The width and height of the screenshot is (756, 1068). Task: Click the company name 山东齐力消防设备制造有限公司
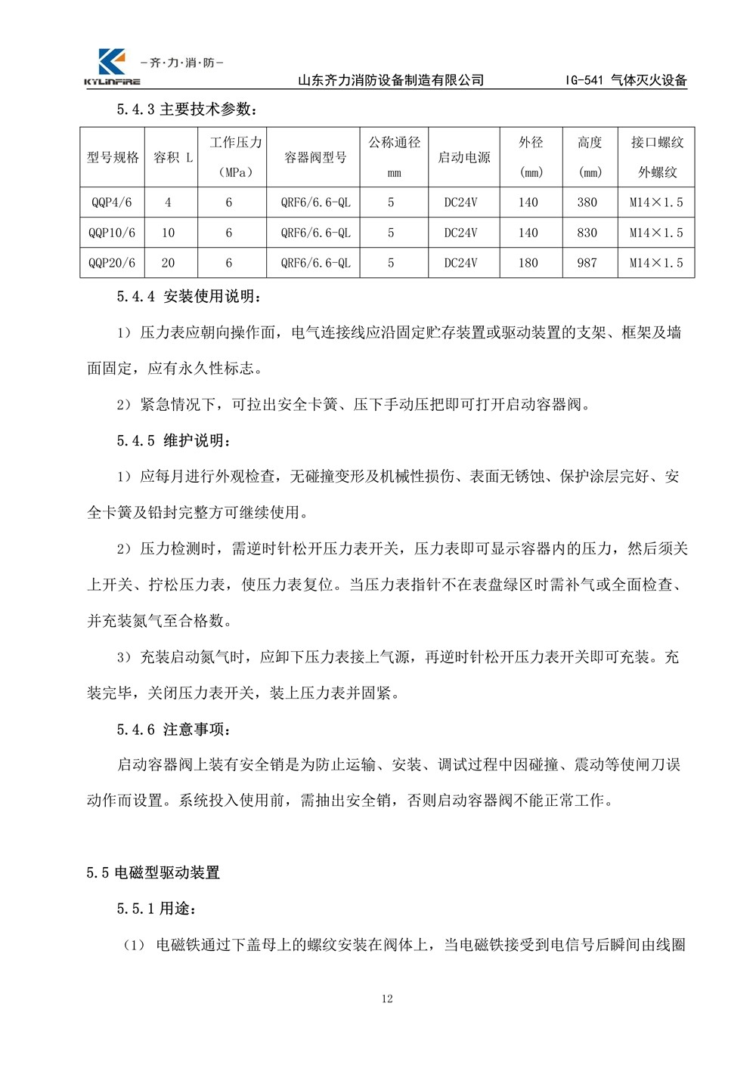pyautogui.click(x=391, y=80)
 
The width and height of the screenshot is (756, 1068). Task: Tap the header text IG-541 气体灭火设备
pyautogui.click(x=625, y=80)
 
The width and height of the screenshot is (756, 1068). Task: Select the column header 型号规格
pyautogui.click(x=113, y=157)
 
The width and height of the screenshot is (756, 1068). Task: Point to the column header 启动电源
pyautogui.click(x=463, y=157)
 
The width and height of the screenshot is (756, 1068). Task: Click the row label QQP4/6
pyautogui.click(x=111, y=202)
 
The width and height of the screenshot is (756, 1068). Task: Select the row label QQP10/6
pyautogui.click(x=112, y=233)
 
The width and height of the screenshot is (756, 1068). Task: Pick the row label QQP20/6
pyautogui.click(x=112, y=263)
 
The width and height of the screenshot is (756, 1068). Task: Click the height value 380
pyautogui.click(x=587, y=202)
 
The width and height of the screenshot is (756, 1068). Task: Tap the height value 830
pyautogui.click(x=587, y=233)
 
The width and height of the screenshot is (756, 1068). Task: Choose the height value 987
pyautogui.click(x=587, y=263)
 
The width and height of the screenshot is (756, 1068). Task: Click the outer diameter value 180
pyautogui.click(x=528, y=263)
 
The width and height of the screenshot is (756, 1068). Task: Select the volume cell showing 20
pyautogui.click(x=168, y=263)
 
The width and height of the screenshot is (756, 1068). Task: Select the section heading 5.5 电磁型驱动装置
pyautogui.click(x=153, y=872)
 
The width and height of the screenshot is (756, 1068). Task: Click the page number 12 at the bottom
pyautogui.click(x=388, y=999)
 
